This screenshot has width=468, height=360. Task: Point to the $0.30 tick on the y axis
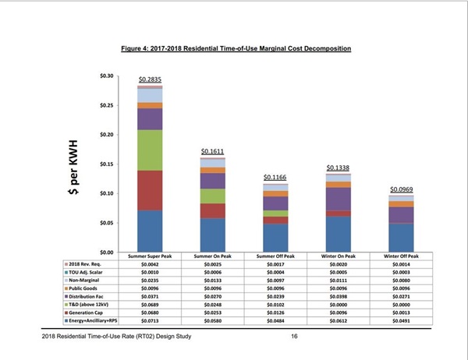coord(106,76)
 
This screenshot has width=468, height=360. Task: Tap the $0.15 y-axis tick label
coord(106,164)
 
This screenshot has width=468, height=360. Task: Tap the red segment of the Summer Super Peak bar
coord(150,190)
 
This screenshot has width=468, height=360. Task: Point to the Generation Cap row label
coord(86,312)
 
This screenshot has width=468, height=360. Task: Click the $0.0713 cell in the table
coord(150,319)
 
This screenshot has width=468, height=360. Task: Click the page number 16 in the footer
coord(294,336)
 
